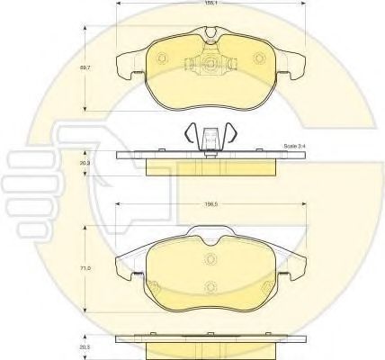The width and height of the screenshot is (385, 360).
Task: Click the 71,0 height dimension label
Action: [86, 266]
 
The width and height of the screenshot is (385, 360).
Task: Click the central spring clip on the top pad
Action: [209, 65]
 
